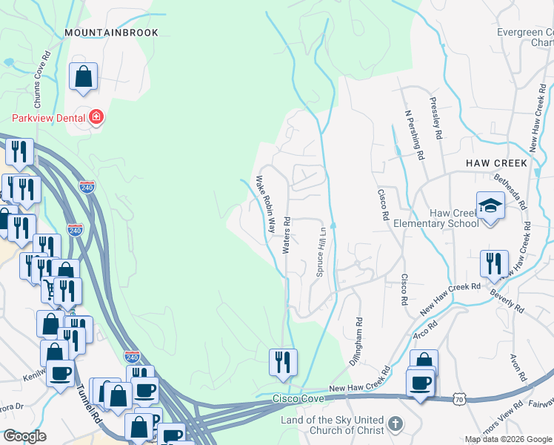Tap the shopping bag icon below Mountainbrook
coord(84,77)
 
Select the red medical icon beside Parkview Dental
coord(96,118)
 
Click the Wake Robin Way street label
coord(266,202)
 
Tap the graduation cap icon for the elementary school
coord(490,205)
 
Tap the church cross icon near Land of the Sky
coord(396,424)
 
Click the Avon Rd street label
coord(514,367)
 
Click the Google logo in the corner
coord(25,436)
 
